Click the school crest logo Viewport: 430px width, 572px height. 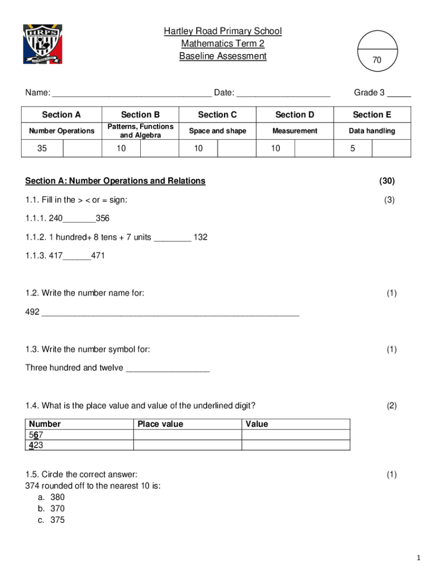[x=42, y=44]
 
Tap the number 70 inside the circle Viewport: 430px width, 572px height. [x=377, y=60]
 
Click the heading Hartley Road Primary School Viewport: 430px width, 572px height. [x=223, y=31]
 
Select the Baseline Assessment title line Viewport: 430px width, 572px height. [x=223, y=56]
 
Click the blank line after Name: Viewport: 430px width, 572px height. [x=132, y=93]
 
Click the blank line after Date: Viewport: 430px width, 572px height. [x=283, y=93]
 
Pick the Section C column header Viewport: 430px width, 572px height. [x=217, y=115]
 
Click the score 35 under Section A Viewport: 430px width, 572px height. [x=42, y=149]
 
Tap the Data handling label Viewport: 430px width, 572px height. [x=371, y=131]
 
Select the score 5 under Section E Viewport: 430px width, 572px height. [x=352, y=149]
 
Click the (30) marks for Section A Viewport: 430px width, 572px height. [x=386, y=180]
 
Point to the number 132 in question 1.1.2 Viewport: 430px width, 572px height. [x=200, y=237]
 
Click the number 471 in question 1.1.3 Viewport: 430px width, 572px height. [x=98, y=256]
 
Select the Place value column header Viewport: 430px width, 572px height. [x=160, y=424]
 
